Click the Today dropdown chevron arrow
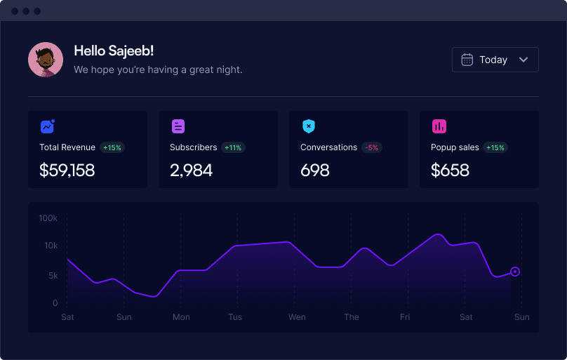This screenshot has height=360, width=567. click(523, 60)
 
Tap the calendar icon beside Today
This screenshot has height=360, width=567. click(467, 60)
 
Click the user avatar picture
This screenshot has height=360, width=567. click(46, 60)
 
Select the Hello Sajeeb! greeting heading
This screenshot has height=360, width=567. click(114, 51)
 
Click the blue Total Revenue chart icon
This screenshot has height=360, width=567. click(48, 126)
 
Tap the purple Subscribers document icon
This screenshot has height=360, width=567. click(178, 126)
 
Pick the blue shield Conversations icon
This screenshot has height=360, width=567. click(309, 126)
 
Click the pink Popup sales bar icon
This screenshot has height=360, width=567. click(439, 126)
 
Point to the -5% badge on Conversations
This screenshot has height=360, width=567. click(371, 147)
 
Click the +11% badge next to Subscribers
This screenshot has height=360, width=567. click(233, 147)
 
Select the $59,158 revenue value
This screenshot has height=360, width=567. click(67, 171)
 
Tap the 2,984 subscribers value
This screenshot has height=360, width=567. click(192, 171)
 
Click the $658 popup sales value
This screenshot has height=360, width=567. click(450, 171)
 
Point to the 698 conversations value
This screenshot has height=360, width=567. click(315, 171)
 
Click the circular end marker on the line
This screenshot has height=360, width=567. click(515, 272)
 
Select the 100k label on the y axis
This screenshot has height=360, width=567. click(48, 218)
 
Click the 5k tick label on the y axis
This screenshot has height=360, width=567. click(53, 276)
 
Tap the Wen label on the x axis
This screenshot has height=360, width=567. click(297, 317)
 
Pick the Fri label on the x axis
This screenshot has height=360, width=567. click(405, 317)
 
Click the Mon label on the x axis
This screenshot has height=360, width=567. click(181, 317)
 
